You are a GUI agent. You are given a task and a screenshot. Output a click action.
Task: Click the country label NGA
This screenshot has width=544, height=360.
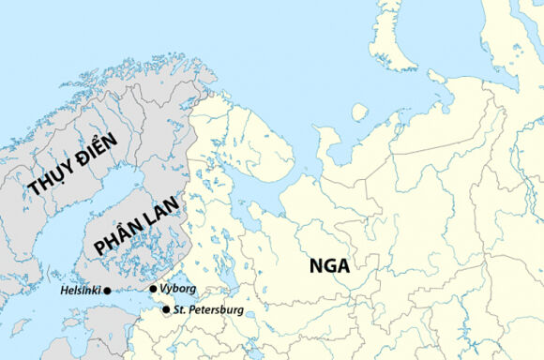pos(329,265)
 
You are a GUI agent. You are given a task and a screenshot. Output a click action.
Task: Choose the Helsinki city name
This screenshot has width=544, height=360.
pos(80,291)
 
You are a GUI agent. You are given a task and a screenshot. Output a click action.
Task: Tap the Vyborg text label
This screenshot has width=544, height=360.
pos(178,289)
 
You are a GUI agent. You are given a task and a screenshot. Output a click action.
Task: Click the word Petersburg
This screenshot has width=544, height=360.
pos(216,309)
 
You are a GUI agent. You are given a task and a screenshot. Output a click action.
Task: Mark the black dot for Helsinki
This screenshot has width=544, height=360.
pos(107,291)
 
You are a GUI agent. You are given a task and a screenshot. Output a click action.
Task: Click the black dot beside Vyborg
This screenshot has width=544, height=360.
pos(153,289)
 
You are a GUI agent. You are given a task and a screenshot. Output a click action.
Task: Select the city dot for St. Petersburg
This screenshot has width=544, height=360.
pos(166,309)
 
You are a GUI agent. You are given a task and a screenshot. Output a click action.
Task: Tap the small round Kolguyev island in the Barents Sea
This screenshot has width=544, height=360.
pos(359,112)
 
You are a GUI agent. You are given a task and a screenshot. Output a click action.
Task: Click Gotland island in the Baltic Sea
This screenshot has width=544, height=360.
pos(20,328)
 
